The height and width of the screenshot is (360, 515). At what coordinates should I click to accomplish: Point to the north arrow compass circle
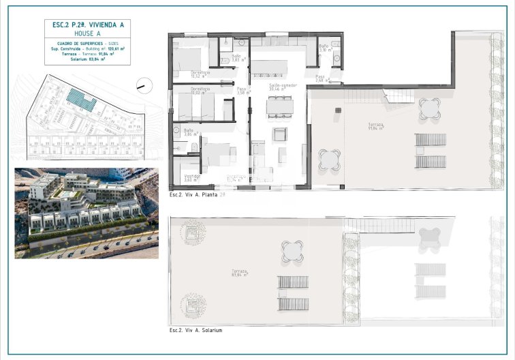click(142, 85)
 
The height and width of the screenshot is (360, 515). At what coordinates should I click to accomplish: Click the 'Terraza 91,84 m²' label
click(375, 126)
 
